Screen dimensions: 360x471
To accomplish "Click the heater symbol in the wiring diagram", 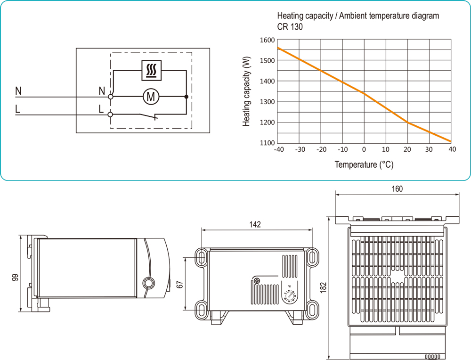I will tap(152, 71).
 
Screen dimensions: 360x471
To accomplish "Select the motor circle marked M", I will tap(152, 97).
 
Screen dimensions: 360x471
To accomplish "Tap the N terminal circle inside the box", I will tap(111, 97).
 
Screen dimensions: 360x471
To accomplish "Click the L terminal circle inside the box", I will tap(111, 114).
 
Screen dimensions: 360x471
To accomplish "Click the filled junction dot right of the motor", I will tap(187, 97).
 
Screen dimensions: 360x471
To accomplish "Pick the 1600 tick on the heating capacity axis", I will tap(267, 40).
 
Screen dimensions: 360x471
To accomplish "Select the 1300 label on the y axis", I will tap(267, 102).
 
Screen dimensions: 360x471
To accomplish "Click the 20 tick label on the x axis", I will tap(407, 150).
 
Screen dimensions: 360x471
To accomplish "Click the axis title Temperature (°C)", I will tap(364, 165).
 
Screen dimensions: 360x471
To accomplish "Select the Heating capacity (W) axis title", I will tap(246, 91).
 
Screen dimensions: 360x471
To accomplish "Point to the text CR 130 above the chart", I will tap(290, 27).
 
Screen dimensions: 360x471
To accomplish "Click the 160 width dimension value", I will tap(397, 189).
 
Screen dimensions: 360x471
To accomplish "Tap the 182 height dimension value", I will tap(322, 287).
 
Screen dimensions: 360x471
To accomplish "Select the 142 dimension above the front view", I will tap(255, 225).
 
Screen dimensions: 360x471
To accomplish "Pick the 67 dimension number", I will tap(179, 284).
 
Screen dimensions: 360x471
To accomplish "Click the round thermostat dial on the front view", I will tap(288, 296).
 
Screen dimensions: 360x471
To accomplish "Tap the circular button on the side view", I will tap(148, 283).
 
